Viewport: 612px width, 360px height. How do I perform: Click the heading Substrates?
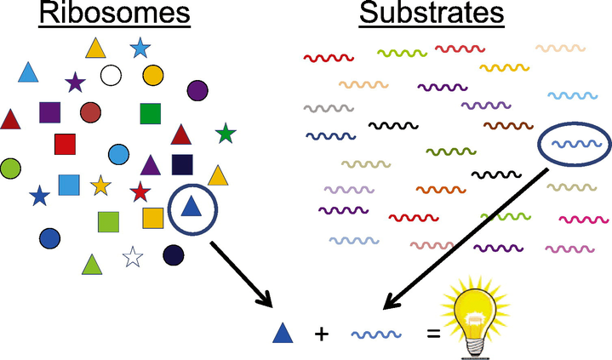[431, 14]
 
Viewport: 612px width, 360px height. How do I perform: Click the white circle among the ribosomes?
[110, 76]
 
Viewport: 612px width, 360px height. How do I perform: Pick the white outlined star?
[132, 255]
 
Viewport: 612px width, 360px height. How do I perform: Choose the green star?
[226, 133]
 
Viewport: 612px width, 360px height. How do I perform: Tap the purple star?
[75, 83]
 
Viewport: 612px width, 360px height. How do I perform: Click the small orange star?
[100, 184]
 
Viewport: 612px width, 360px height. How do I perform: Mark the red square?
[66, 144]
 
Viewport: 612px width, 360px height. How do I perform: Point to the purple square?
[49, 111]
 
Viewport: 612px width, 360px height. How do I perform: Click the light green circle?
[10, 168]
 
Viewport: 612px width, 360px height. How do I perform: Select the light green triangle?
[92, 265]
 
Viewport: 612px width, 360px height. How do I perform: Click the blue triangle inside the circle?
[192, 207]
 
